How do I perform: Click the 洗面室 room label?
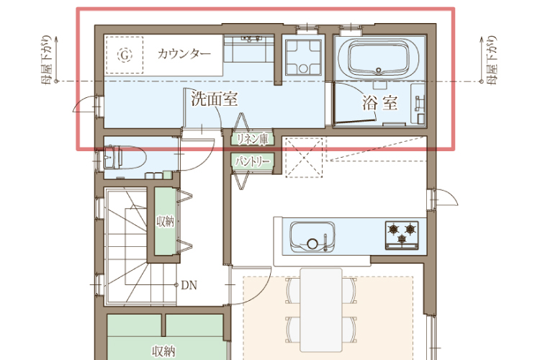(x=215, y=99)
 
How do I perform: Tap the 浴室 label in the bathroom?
(x=379, y=102)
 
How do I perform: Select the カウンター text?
(x=184, y=54)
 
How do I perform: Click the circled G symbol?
(x=125, y=55)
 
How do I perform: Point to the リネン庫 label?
(x=253, y=139)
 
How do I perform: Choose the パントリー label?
(x=253, y=161)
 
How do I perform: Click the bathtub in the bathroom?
(x=379, y=58)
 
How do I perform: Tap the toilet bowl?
(x=125, y=158)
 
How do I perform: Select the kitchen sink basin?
(x=312, y=237)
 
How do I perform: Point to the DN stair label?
(x=189, y=285)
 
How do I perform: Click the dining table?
(x=321, y=310)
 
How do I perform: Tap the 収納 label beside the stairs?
(x=166, y=222)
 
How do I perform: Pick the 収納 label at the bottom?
(x=163, y=351)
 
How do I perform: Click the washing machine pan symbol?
(x=303, y=57)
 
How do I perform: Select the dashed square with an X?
(x=305, y=158)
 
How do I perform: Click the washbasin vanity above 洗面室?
(x=249, y=48)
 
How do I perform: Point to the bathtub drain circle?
(x=379, y=71)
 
